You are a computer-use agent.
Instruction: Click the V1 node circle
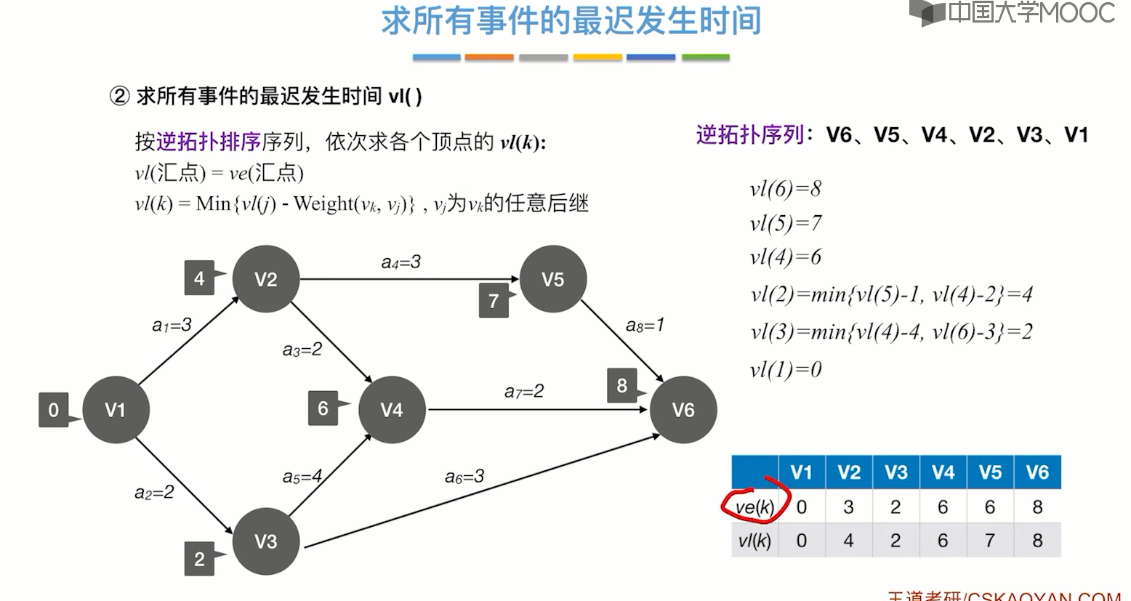116,410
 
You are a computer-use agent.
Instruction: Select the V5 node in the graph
553,279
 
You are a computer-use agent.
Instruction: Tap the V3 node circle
266,541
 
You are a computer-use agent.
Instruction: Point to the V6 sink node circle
683,410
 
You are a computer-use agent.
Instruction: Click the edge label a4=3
401,262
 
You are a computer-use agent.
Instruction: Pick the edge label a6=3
464,477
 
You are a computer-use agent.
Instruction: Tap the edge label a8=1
645,325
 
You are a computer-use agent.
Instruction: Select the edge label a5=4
302,477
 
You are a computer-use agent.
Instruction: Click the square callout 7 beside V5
494,301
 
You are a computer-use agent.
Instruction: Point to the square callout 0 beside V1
53,410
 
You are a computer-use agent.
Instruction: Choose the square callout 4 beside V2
199,278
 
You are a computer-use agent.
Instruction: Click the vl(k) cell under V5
990,541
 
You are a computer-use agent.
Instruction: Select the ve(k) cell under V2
848,507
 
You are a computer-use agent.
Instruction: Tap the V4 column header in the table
943,472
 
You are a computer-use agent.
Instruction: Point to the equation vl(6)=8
786,190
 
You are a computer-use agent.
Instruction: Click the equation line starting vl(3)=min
891,332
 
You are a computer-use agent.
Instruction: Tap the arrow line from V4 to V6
538,410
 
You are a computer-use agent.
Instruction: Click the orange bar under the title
489,57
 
